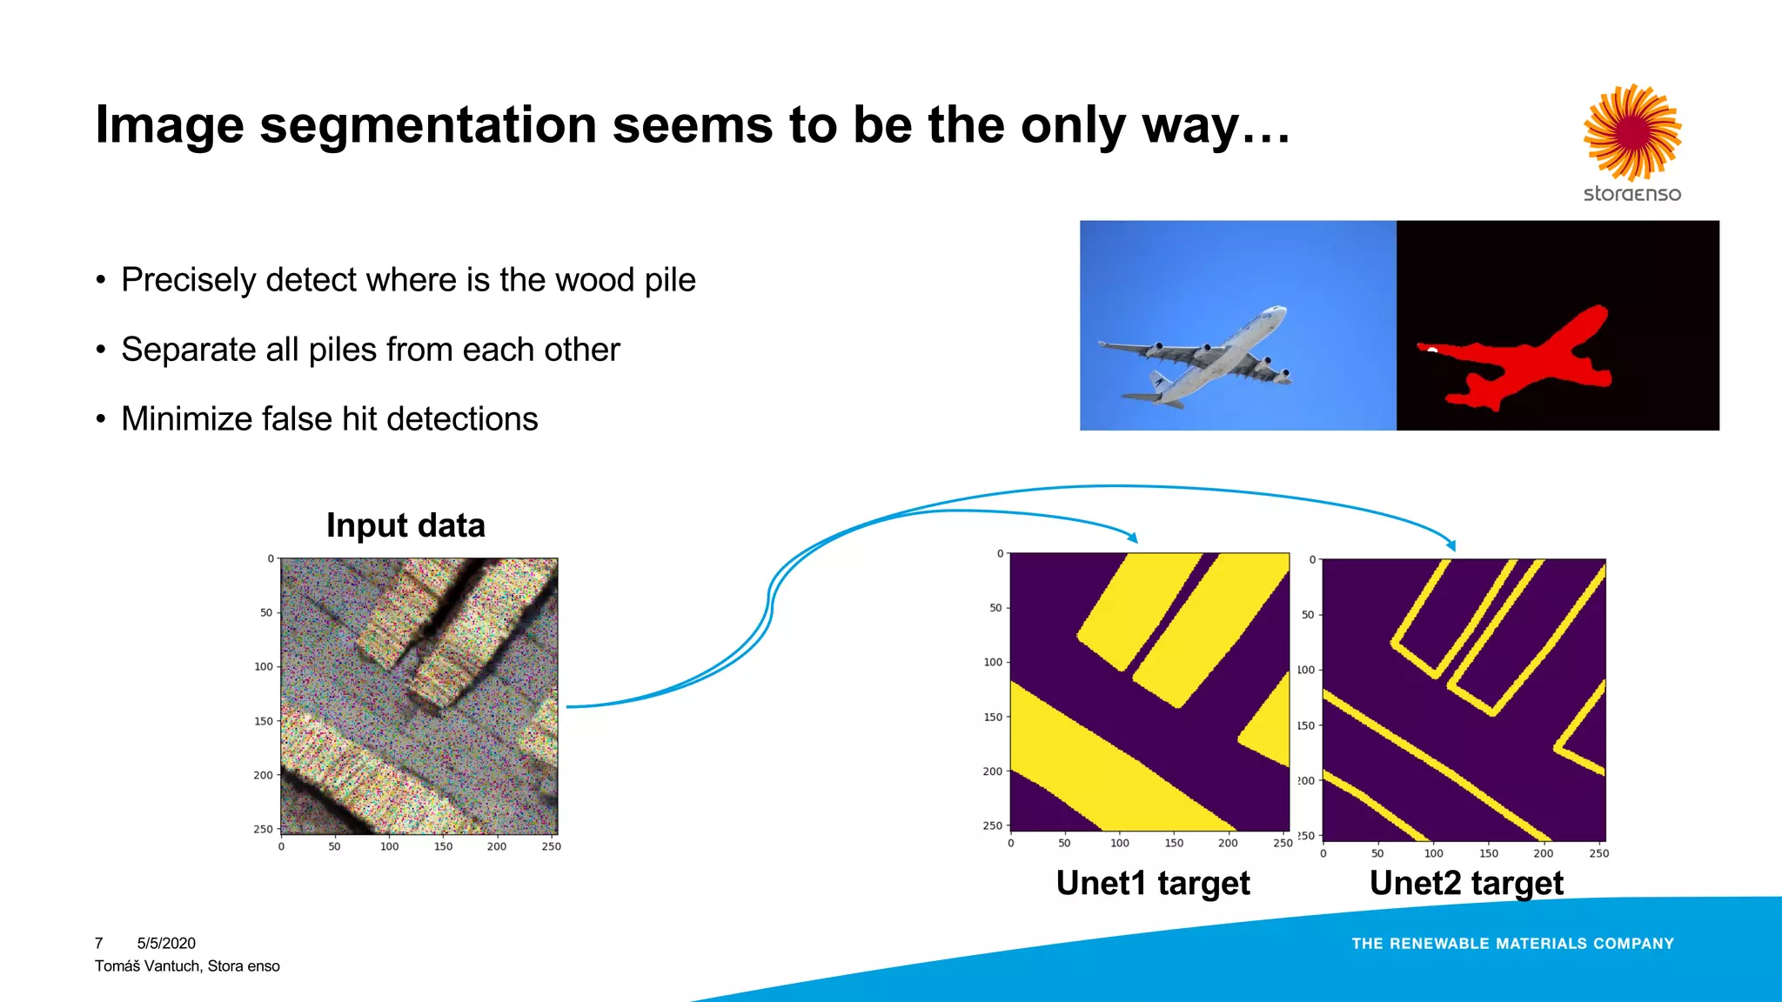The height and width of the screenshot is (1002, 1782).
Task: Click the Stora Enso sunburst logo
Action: (x=1632, y=132)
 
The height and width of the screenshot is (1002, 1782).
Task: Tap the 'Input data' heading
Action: (x=405, y=525)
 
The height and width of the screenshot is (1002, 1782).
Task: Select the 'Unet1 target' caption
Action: (x=1153, y=883)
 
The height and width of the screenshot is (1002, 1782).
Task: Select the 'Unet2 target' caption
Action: (x=1466, y=883)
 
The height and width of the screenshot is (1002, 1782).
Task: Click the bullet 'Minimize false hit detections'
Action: (x=329, y=419)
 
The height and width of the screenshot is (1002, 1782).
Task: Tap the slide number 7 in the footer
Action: (x=99, y=943)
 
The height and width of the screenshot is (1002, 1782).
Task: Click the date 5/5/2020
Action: (x=166, y=943)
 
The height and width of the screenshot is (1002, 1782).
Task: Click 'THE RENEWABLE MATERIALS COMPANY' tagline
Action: (x=1512, y=944)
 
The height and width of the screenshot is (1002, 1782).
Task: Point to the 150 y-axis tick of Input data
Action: (x=264, y=721)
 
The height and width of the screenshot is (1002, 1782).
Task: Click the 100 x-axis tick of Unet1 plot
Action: (x=1120, y=843)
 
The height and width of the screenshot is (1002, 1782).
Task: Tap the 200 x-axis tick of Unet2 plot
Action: (x=1543, y=853)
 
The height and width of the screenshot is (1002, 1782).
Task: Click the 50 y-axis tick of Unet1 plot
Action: (x=995, y=608)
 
